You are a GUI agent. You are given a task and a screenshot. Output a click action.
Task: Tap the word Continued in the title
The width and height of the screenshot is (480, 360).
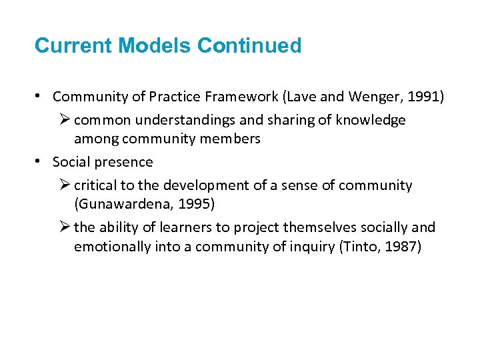point(250,46)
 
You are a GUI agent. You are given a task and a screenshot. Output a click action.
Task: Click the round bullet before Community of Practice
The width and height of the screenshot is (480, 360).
point(39,97)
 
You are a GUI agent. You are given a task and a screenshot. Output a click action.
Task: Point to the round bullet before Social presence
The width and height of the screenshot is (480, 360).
point(39,162)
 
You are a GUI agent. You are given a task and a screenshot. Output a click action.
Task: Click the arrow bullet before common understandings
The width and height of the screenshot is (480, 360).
point(64,120)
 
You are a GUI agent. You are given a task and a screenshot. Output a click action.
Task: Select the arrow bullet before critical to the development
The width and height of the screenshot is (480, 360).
point(64,185)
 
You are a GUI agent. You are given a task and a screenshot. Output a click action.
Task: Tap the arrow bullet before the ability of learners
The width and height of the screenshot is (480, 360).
point(64,227)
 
